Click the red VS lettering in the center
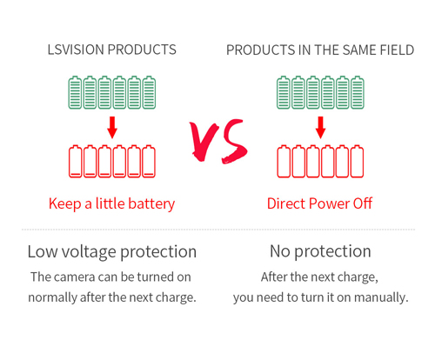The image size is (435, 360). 218,142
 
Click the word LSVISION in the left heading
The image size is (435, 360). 76,50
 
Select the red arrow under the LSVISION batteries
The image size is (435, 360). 112,128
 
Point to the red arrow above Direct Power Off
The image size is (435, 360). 320,128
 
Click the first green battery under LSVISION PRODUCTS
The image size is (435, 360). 75,92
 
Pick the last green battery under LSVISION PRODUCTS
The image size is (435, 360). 149,92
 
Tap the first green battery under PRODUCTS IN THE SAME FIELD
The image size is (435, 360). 284,92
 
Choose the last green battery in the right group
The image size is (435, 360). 358,92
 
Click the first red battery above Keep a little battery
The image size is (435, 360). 76,161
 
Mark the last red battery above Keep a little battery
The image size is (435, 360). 149,161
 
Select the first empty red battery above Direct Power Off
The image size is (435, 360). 284,161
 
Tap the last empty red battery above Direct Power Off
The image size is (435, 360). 357,161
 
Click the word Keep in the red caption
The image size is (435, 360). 65,204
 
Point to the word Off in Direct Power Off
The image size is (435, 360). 363,203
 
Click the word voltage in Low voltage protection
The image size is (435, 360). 89,252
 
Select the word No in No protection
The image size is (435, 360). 280,251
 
